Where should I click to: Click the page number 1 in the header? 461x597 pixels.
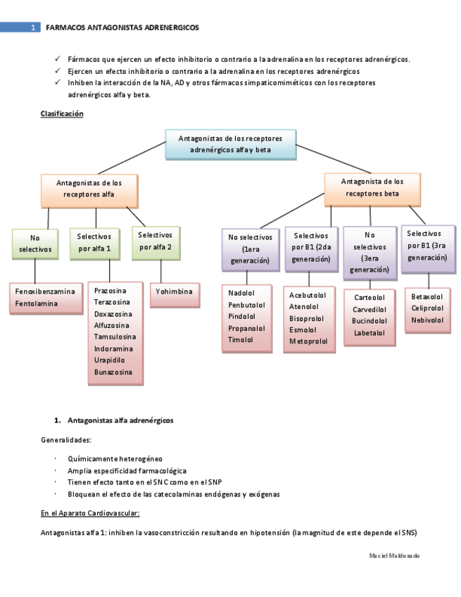pos(33,27)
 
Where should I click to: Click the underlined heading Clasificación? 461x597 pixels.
pos(62,113)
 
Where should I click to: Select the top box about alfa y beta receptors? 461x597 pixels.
pos(230,144)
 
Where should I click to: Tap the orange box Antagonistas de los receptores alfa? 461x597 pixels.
pos(89,188)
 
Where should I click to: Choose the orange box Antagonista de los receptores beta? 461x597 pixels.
pos(372,187)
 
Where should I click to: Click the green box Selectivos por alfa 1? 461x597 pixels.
pos(95,243)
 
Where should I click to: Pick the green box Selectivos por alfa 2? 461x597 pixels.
pos(156,241)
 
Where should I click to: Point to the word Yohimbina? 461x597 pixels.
pos(175,291)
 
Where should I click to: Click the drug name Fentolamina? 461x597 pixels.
pos(37,303)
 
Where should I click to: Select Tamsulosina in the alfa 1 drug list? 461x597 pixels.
pos(115,337)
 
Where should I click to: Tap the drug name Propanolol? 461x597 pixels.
pos(246,327)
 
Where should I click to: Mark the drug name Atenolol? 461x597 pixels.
pos(304,306)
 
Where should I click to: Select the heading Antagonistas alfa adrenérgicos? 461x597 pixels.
pos(120,420)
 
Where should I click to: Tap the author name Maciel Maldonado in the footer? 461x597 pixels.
pos(394,555)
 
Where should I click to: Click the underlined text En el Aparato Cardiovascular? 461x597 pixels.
pos(90,513)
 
